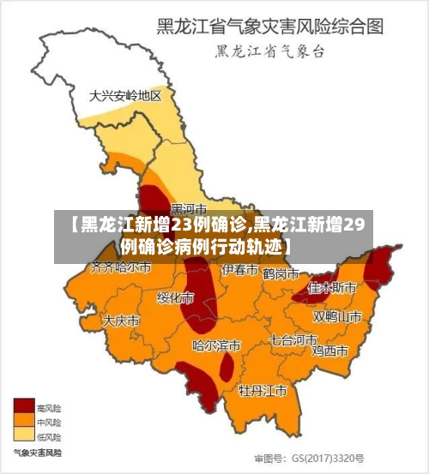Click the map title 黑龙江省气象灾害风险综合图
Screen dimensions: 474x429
click(x=269, y=27)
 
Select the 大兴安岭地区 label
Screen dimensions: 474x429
click(x=125, y=96)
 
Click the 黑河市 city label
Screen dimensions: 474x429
click(x=189, y=208)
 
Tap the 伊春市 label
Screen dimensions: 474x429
click(x=240, y=270)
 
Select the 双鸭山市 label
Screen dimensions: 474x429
click(x=337, y=316)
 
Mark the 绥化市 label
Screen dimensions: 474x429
click(x=174, y=298)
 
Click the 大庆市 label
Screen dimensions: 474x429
click(x=121, y=321)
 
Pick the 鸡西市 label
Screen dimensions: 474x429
click(x=329, y=351)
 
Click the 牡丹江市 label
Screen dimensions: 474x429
click(x=263, y=391)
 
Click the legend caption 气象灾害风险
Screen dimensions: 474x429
click(x=37, y=452)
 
